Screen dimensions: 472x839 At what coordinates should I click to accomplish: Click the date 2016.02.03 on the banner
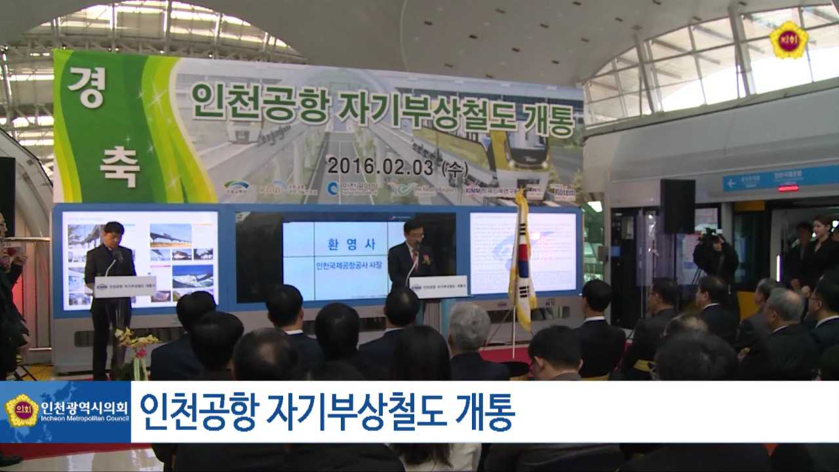click(x=380, y=167)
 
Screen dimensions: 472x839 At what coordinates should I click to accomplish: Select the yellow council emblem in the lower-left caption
click(x=22, y=411)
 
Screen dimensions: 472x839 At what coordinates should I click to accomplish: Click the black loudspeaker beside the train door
click(x=677, y=206)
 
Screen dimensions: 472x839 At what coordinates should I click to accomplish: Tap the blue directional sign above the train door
click(x=780, y=178)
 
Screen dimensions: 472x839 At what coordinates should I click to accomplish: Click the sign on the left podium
click(x=125, y=286)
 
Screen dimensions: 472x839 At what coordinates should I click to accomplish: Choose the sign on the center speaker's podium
click(x=438, y=286)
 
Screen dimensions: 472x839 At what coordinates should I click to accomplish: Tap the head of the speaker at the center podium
click(x=414, y=230)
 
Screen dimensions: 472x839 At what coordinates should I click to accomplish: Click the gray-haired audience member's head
click(x=469, y=326)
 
